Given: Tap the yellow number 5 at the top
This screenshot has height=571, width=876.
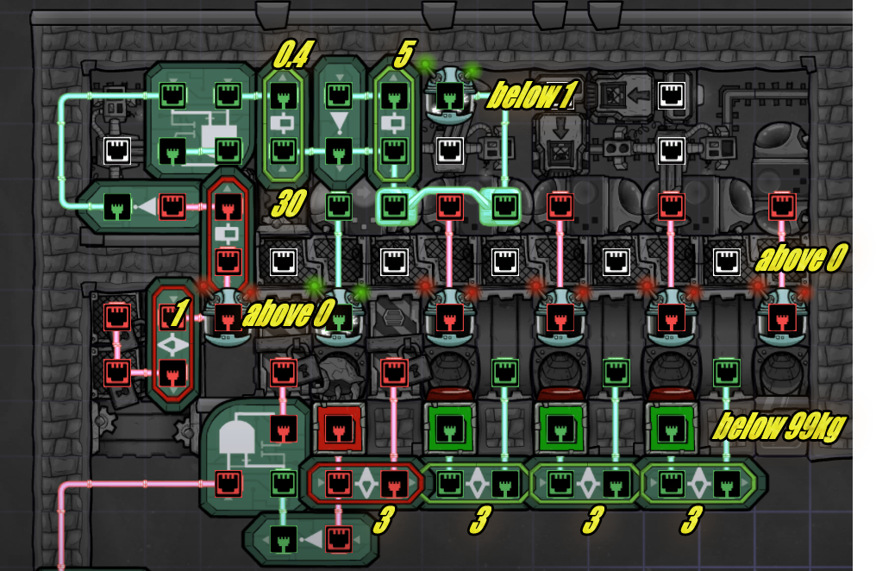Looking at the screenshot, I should point(404,55).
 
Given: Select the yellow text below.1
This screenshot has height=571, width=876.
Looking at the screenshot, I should point(530,96).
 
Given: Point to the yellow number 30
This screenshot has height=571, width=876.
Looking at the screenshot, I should point(289,205).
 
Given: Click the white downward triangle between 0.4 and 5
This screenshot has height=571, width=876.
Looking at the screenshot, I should point(337,119).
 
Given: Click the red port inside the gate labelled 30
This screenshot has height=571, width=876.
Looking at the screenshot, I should point(228,208).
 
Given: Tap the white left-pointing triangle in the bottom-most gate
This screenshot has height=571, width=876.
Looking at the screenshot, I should point(313,541).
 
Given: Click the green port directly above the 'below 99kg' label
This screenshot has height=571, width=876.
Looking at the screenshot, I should point(726,373).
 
